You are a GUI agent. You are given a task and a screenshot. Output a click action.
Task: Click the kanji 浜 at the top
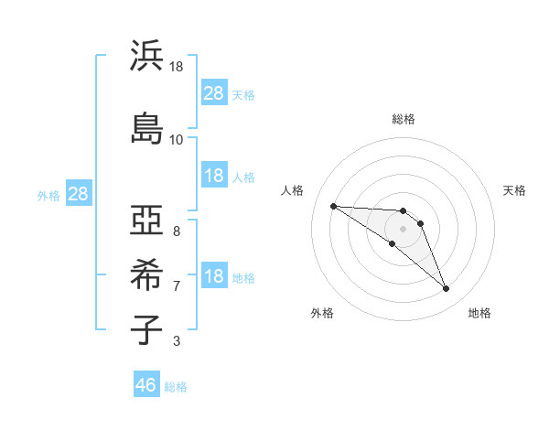click(x=147, y=56)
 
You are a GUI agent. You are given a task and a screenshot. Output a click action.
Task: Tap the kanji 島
click(x=147, y=127)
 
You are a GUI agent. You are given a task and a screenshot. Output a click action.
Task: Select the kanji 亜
click(x=147, y=220)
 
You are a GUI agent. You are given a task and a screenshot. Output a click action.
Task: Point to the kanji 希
click(x=147, y=274)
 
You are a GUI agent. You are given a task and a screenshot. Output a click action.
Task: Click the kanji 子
click(x=147, y=328)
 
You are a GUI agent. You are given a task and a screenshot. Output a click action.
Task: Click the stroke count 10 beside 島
click(x=176, y=139)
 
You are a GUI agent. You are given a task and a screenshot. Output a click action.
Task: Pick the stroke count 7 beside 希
click(x=176, y=285)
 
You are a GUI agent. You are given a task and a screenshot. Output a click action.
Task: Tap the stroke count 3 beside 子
click(x=176, y=341)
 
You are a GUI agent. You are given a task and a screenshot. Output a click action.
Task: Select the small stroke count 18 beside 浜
click(x=176, y=67)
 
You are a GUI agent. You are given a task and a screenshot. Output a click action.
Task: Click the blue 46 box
click(x=146, y=385)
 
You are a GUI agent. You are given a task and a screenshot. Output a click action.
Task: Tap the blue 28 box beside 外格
click(x=78, y=194)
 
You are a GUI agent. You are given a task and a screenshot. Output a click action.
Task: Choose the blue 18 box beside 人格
click(x=214, y=177)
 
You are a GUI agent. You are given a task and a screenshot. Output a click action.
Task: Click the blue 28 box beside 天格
click(x=214, y=93)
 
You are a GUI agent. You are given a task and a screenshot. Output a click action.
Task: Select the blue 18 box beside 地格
click(x=214, y=276)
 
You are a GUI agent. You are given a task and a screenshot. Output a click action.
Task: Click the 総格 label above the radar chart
click(x=403, y=119)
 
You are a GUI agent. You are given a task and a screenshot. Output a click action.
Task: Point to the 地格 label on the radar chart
click(x=479, y=313)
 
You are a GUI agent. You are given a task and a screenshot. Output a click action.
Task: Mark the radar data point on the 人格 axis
click(x=333, y=206)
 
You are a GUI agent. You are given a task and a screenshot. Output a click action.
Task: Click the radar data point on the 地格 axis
click(x=446, y=289)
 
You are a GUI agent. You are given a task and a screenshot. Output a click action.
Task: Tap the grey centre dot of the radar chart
click(x=403, y=229)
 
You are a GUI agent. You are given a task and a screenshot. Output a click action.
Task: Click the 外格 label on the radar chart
click(x=322, y=313)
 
